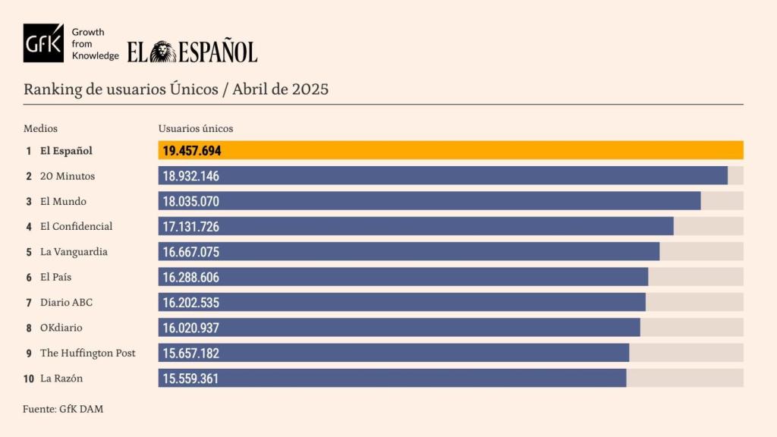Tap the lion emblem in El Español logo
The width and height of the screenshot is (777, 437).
click(162, 52)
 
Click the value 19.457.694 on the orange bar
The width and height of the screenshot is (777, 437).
click(192, 151)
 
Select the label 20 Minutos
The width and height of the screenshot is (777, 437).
click(68, 176)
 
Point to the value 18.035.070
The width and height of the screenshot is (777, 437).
click(191, 201)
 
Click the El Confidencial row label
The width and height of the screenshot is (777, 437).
click(76, 226)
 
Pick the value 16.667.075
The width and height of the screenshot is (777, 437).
click(191, 252)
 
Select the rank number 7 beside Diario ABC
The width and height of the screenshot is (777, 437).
click(29, 302)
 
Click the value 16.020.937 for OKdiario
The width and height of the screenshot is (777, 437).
click(191, 328)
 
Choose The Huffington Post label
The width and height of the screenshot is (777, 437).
click(87, 353)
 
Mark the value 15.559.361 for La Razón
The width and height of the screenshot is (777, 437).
click(191, 378)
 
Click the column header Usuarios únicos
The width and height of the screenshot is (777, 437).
click(196, 129)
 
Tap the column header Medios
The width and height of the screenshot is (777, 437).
click(40, 129)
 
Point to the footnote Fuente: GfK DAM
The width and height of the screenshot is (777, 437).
click(63, 409)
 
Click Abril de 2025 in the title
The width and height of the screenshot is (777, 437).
click(281, 90)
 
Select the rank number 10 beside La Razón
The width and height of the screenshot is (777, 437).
click(29, 378)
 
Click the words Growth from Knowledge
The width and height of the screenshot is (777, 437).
click(95, 44)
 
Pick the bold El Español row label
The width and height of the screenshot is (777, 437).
click(66, 151)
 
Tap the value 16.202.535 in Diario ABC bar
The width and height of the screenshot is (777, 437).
click(191, 302)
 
